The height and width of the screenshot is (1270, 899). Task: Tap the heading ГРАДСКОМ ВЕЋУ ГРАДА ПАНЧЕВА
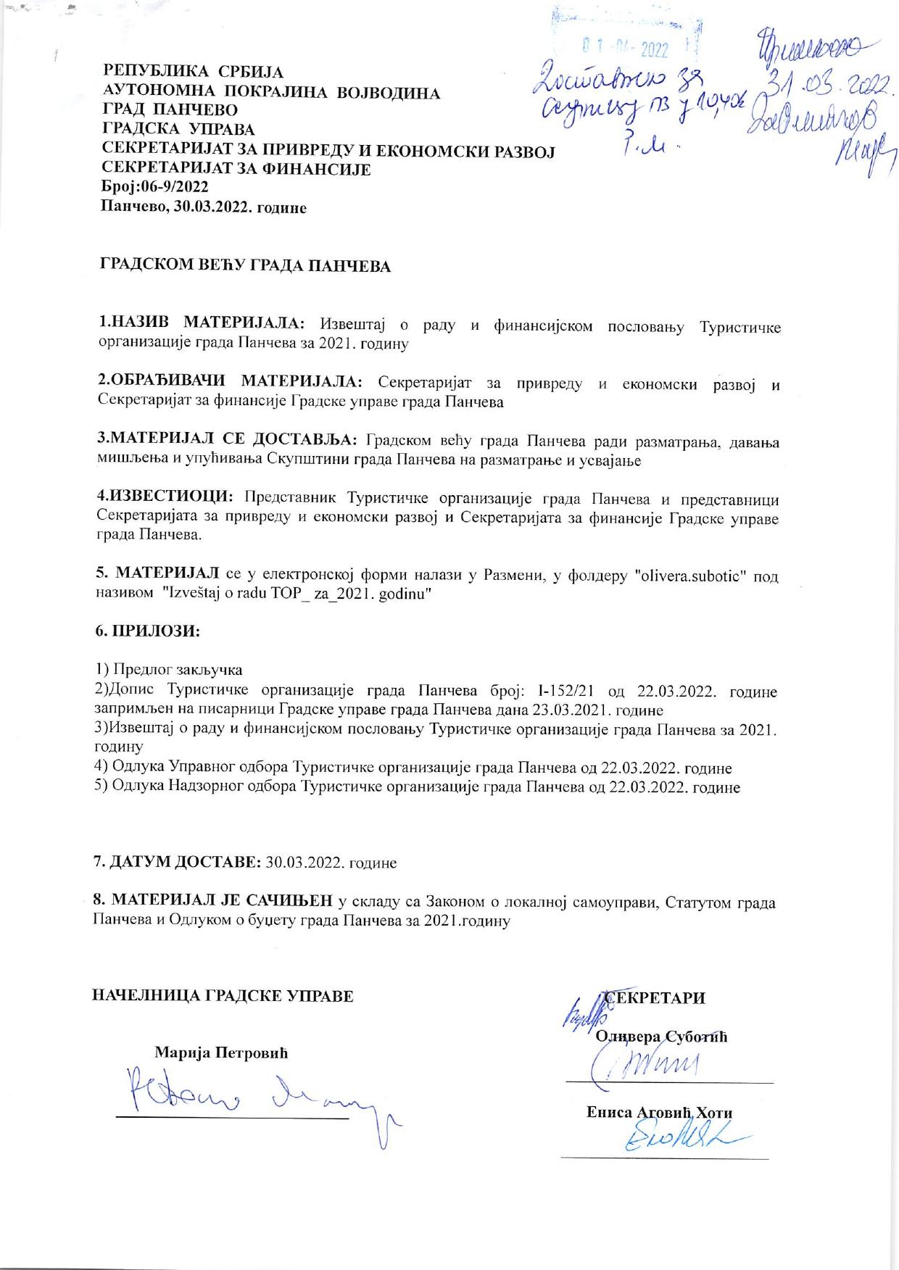245,266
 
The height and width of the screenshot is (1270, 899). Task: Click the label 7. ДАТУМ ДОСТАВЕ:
178,863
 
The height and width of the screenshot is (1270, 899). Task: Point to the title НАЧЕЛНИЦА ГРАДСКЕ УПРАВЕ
223,995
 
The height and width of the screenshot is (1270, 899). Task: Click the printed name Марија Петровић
222,1053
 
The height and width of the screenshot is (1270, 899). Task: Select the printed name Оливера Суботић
661,1036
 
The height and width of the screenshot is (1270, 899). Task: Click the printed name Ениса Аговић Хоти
659,1113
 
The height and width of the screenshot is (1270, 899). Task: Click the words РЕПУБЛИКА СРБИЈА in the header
194,72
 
